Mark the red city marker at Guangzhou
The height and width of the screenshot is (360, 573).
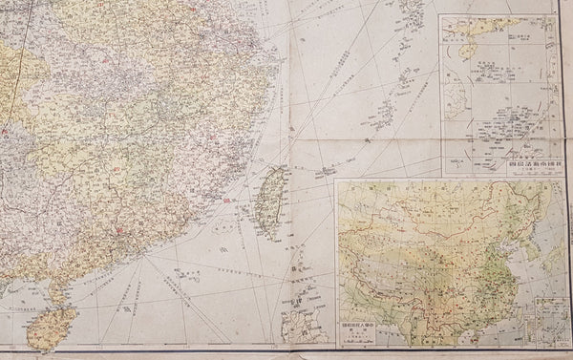pyautogui.click(x=117, y=230)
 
